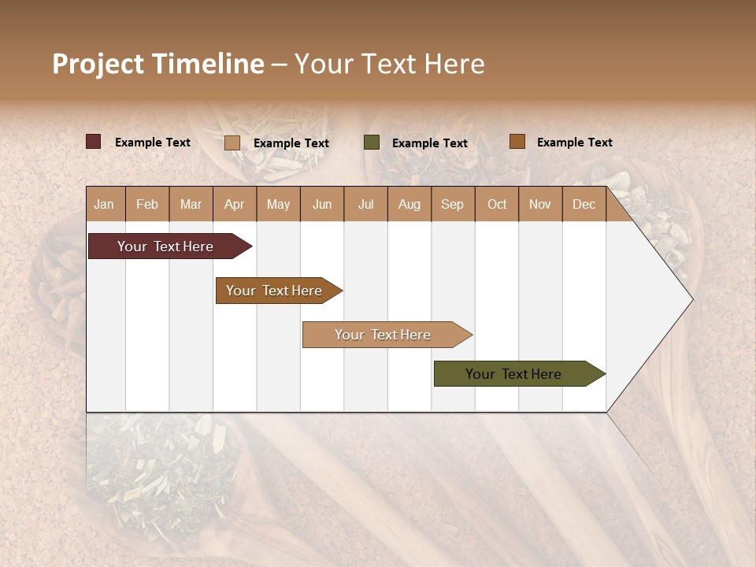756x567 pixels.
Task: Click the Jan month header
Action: tap(105, 204)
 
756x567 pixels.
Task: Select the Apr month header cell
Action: tap(235, 204)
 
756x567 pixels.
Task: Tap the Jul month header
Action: tap(365, 204)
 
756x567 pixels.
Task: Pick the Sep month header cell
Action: tap(453, 204)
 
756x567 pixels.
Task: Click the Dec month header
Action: tap(584, 204)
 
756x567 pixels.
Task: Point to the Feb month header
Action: tap(147, 204)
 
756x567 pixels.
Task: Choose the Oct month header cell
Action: tap(497, 204)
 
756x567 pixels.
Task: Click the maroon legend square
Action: tap(94, 142)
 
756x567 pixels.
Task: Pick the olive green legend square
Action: tap(372, 142)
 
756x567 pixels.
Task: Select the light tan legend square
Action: tap(232, 143)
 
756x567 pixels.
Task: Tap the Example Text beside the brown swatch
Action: tap(574, 143)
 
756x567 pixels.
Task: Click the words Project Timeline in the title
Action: tap(158, 64)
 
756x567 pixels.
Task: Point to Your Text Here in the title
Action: tap(389, 64)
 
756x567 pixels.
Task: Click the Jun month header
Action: tap(322, 204)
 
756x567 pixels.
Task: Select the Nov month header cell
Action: tap(540, 204)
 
